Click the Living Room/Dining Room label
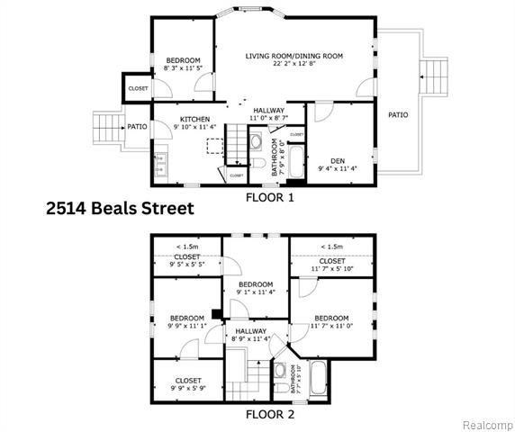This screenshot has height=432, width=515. point(294,56)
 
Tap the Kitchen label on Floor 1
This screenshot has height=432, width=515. point(194,120)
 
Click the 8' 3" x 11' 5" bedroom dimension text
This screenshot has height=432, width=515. point(182,67)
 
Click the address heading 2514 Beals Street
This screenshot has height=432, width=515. point(120,208)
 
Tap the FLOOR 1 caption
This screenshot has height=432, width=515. point(269,195)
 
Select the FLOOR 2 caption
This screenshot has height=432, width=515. point(269,415)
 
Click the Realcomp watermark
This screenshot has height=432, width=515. point(488,424)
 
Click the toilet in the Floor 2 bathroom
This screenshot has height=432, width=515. point(279,370)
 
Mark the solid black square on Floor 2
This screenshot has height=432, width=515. point(217,314)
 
